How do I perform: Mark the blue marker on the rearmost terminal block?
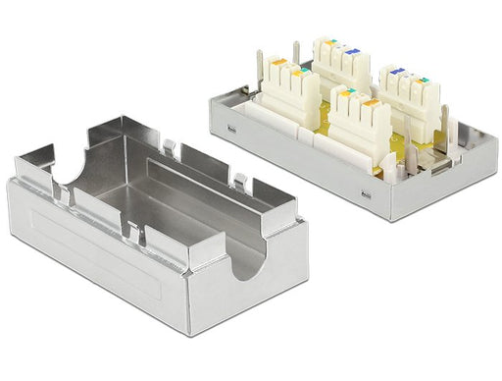click(345, 46)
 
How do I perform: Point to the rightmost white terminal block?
click(405, 98)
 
